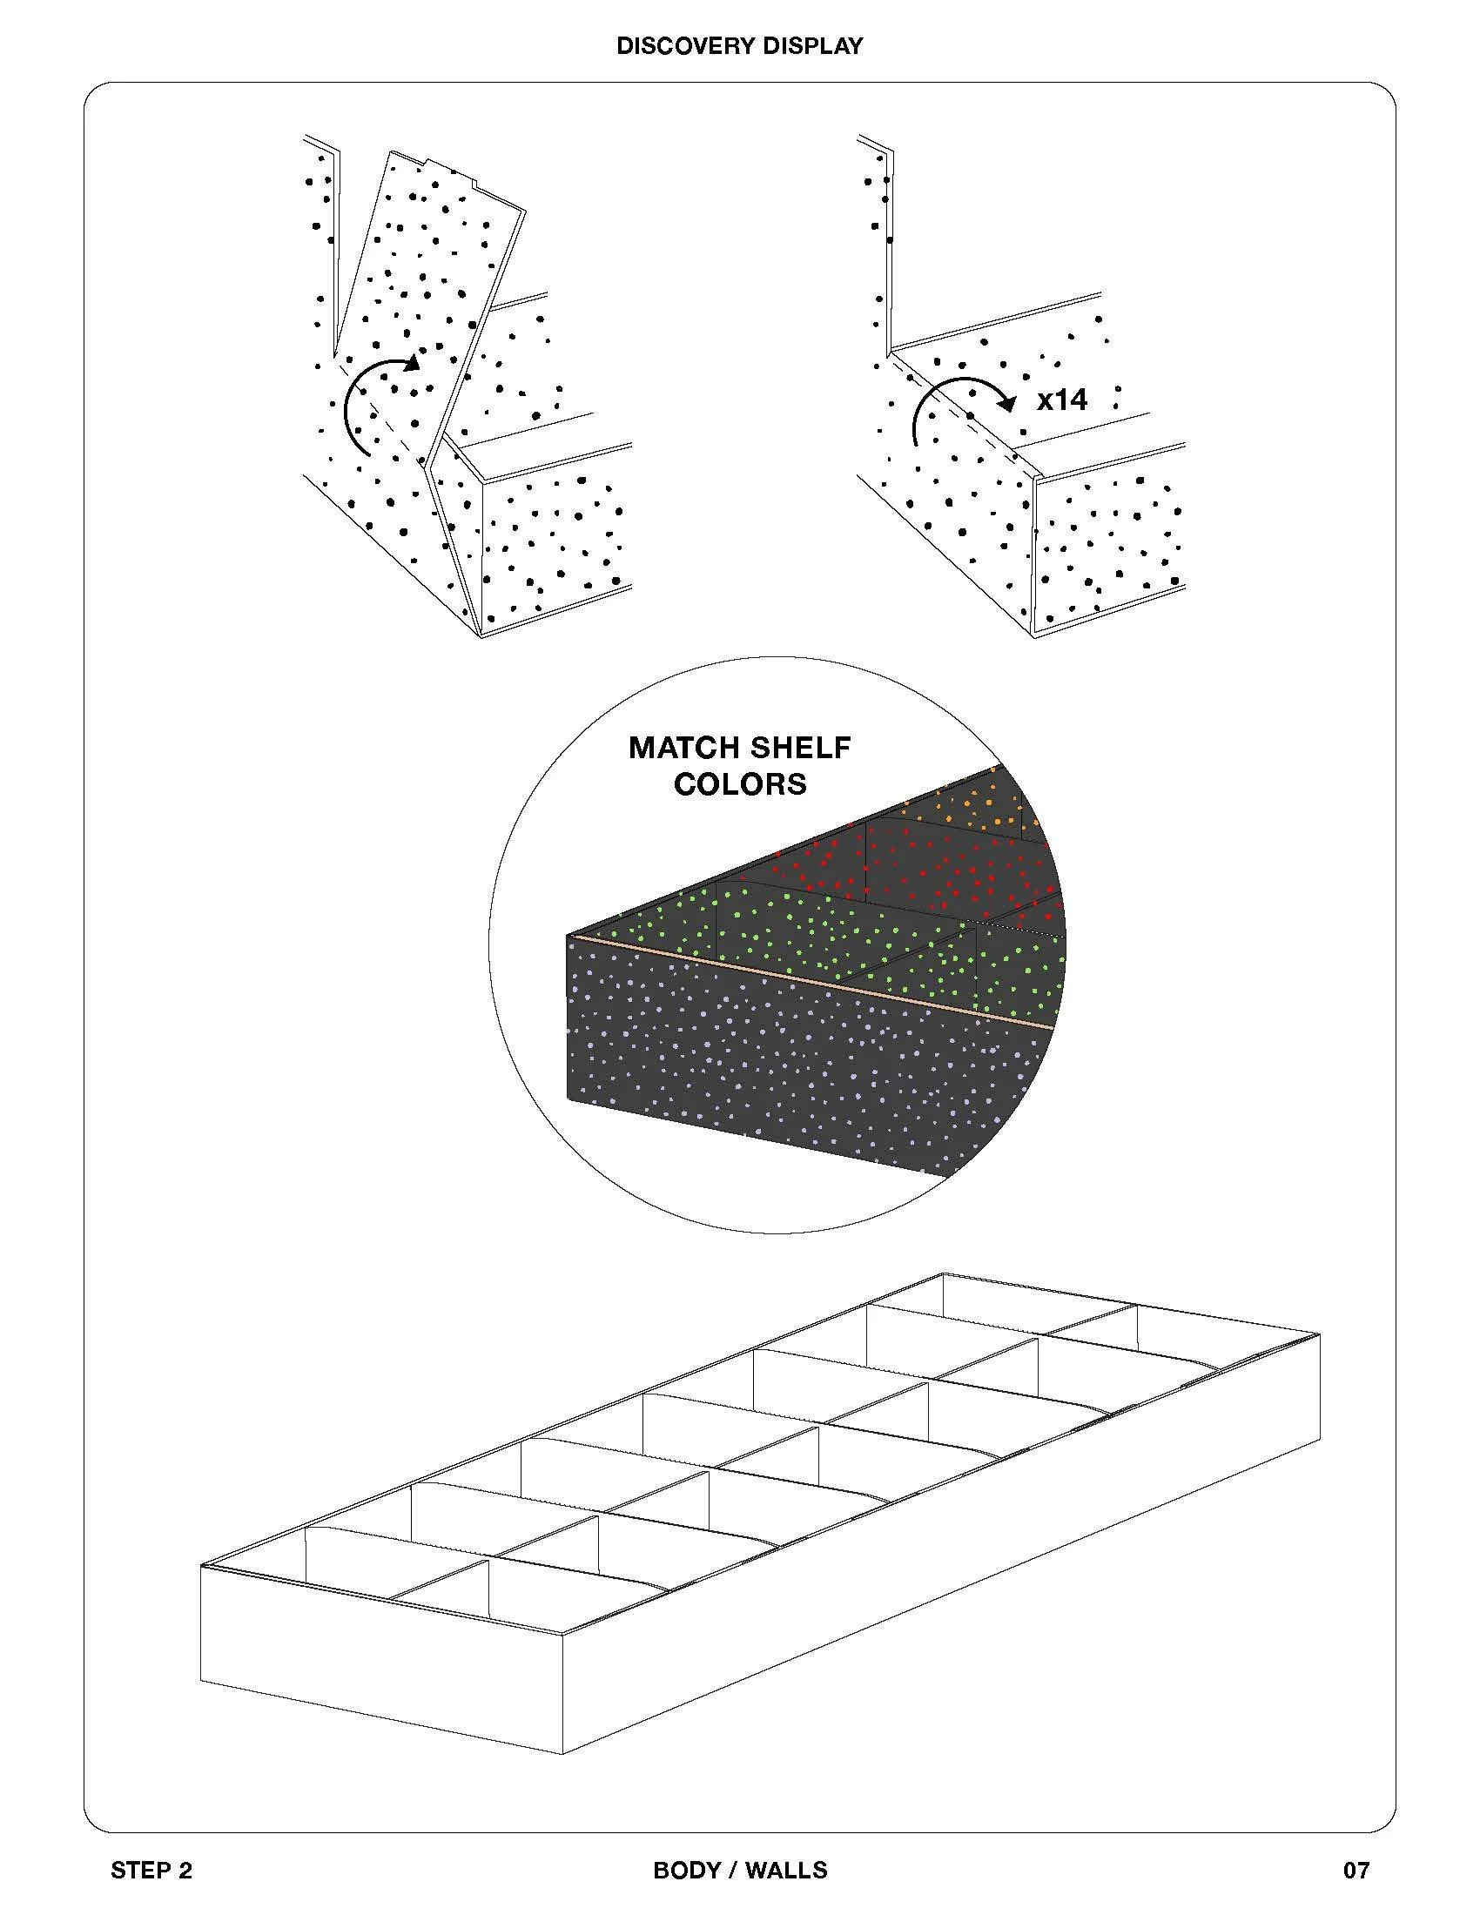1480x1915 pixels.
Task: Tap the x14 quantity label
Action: [1062, 400]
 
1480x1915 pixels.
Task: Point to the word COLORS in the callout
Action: [740, 784]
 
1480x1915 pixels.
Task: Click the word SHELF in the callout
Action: [799, 748]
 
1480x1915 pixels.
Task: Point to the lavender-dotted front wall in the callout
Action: [789, 1070]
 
